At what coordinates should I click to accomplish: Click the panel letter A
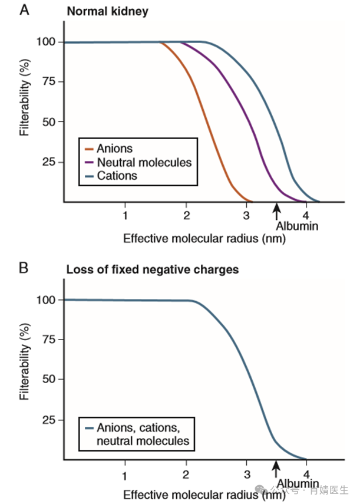[25, 11]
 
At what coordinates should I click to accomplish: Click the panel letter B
[25, 268]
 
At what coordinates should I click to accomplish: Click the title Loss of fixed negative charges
[153, 269]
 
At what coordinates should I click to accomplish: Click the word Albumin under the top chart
[297, 226]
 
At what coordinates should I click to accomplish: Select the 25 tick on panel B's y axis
[50, 420]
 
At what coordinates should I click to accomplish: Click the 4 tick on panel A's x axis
[306, 215]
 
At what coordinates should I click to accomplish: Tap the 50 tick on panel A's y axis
[50, 122]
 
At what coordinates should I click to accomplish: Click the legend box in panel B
[137, 433]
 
